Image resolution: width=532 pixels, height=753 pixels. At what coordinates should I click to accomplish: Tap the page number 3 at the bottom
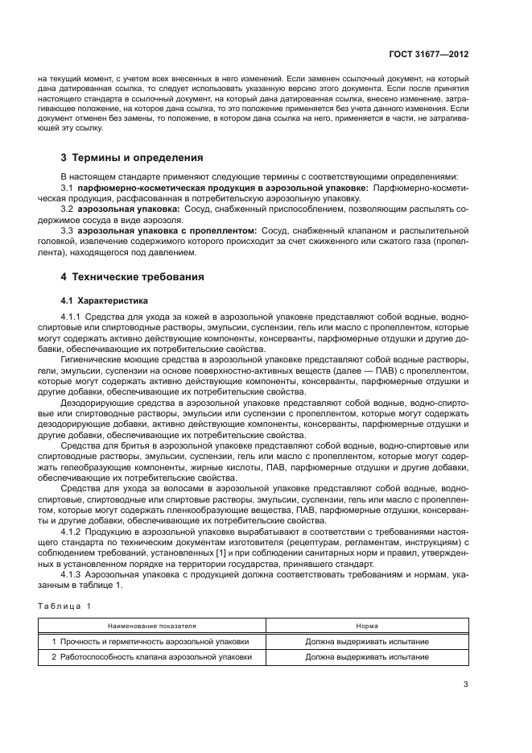pos(465,685)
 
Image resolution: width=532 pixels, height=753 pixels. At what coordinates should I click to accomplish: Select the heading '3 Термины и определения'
pos(132,158)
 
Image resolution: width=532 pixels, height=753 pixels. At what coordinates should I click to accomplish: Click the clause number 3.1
pos(68,187)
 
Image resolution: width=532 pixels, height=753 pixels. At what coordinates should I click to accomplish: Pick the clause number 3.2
pos(68,209)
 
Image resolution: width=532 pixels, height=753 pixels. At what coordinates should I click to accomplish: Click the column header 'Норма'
pos(367,625)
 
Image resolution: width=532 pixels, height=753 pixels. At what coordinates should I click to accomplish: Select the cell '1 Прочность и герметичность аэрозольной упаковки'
pos(151,642)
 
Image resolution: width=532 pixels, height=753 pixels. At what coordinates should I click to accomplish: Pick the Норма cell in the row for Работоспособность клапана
pos(367,656)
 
